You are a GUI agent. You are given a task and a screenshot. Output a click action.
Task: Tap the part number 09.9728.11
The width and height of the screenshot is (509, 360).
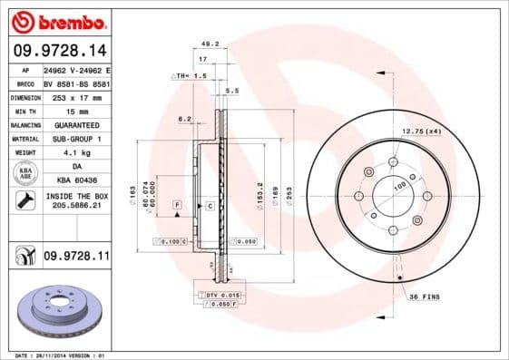pos(76,258)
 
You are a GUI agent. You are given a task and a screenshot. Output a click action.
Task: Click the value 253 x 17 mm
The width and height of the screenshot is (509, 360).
pos(76,97)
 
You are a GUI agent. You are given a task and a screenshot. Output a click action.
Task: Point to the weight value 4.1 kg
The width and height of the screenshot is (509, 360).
pos(76,153)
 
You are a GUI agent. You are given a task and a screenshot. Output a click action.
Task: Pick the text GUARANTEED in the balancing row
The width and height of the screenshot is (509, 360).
pos(76,125)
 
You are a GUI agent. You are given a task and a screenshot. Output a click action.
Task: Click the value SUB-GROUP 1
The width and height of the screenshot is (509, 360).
pos(76,139)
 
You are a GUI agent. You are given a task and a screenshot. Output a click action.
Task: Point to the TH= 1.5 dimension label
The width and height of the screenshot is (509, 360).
pos(191,75)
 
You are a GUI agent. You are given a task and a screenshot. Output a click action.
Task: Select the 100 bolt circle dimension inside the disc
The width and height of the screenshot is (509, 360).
pos(398,187)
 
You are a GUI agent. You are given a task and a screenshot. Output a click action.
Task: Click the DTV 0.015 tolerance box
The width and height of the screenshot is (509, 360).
pos(220,296)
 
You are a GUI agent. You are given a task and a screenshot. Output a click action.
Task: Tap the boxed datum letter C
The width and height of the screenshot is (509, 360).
pos(210,207)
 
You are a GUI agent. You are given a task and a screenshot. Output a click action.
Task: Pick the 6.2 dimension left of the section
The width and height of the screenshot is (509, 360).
pos(185,119)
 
